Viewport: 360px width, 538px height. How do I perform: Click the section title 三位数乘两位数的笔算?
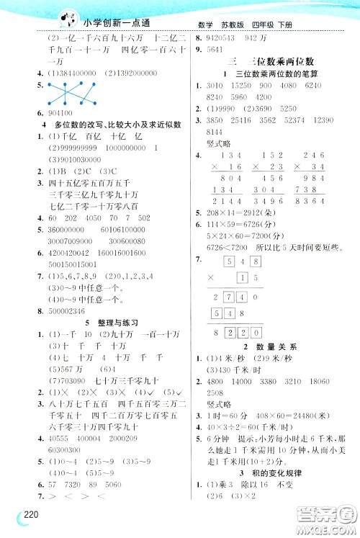tap(267, 75)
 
